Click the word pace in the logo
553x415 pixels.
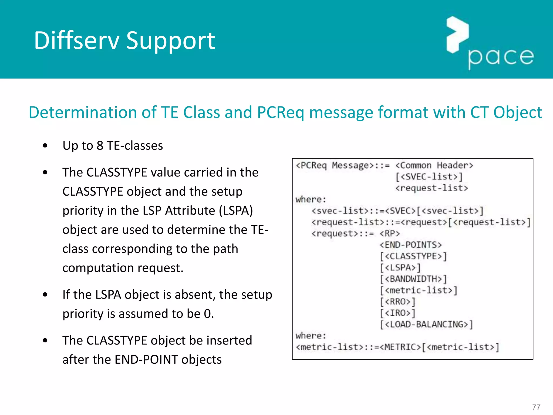[x=501, y=57]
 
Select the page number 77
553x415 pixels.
[x=536, y=407]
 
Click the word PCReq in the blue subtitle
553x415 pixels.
[x=280, y=112]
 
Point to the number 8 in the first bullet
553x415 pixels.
[x=100, y=146]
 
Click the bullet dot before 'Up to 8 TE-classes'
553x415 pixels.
[x=45, y=146]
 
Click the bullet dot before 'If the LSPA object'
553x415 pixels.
[x=45, y=295]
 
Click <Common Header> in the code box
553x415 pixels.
[x=434, y=165]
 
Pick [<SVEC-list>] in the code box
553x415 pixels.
[x=429, y=177]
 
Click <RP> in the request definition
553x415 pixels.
[x=390, y=233]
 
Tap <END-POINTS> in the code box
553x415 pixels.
[x=410, y=245]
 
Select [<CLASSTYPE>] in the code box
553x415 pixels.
[x=413, y=256]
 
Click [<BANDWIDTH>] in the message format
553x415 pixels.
[x=413, y=279]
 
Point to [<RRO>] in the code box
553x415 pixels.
[x=397, y=302]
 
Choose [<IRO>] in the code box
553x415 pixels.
[x=397, y=313]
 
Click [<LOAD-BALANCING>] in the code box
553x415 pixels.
[x=426, y=324]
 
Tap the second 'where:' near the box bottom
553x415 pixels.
[x=311, y=336]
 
